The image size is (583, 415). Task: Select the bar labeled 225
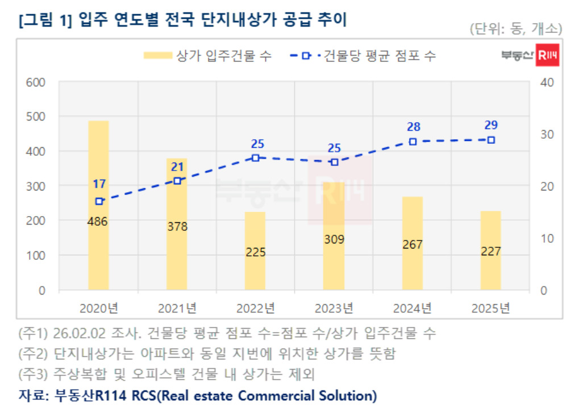[x=255, y=273]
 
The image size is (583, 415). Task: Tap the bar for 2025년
[x=490, y=273]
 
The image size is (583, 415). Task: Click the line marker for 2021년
[x=177, y=181]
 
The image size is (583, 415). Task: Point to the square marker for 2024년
[x=413, y=142]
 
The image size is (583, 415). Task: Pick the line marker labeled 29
[x=491, y=140]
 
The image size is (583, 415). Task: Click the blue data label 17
[x=99, y=184]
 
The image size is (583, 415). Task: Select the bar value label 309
[x=334, y=239]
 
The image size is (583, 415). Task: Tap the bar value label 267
[x=413, y=244]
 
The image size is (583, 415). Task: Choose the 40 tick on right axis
[x=547, y=82]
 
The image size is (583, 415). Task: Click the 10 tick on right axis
[x=547, y=238]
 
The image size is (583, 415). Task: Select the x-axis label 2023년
[x=334, y=308]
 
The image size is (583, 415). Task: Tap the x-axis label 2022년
[x=256, y=308]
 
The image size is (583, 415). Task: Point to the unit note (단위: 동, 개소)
[x=515, y=28]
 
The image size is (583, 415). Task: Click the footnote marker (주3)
[x=32, y=374]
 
